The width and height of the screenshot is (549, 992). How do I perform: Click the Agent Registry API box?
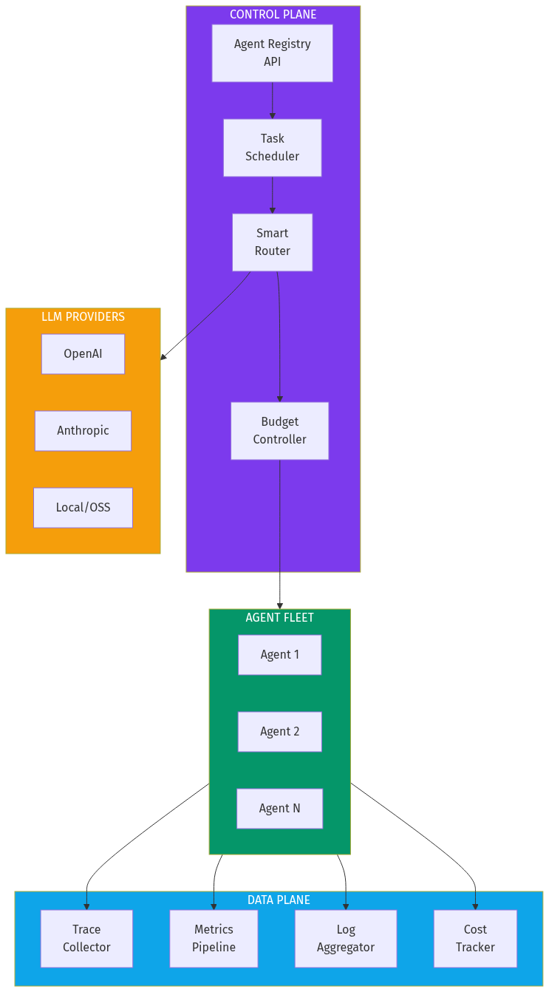coord(272,53)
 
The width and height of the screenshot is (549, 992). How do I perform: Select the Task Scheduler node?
coord(272,148)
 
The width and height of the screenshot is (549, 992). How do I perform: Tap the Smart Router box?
coord(272,242)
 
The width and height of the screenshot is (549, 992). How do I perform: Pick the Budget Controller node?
coord(279,431)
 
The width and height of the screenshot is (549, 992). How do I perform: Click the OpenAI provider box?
coord(83,354)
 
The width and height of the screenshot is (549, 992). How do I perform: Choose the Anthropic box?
coord(83,431)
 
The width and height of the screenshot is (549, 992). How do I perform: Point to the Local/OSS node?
coord(83,508)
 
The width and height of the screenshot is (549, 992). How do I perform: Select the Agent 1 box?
coord(279,655)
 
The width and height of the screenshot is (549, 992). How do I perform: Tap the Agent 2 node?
coord(279,732)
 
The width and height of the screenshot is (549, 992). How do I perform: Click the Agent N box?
coord(279,809)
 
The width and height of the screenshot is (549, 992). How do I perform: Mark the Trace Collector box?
coord(86,939)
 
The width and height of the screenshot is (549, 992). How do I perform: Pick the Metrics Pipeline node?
coord(214,939)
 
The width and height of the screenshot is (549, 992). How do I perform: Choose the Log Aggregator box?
coord(346,939)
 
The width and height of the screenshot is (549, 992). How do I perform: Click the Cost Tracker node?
coord(475,939)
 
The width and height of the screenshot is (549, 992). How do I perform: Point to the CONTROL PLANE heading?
coord(273,15)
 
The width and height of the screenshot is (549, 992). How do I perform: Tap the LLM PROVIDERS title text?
coord(83,317)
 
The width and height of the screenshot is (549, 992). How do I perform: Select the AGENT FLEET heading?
coord(279,618)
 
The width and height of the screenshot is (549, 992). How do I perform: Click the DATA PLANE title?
coord(279,900)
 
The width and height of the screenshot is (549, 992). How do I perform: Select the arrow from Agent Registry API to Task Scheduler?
coord(272,101)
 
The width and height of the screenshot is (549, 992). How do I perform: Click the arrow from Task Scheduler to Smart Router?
coord(272,195)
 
